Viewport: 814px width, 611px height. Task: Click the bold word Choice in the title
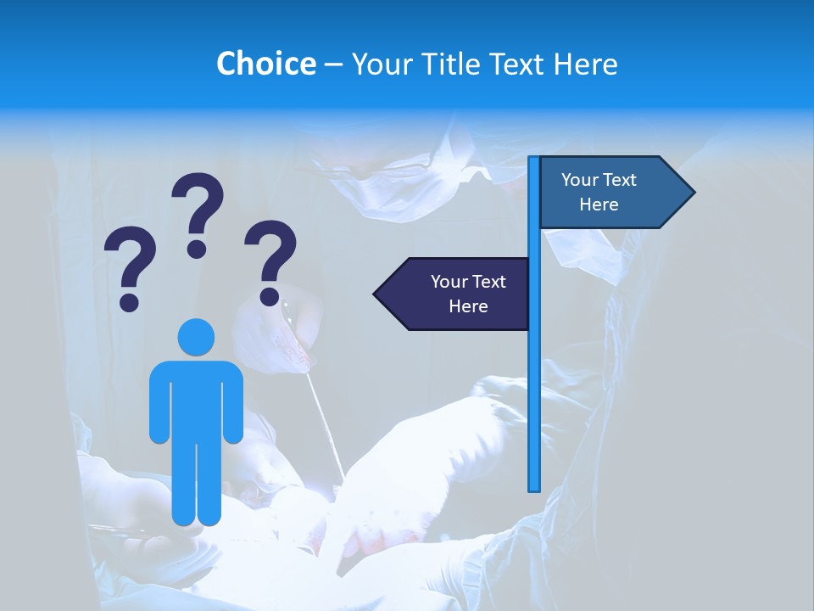click(265, 64)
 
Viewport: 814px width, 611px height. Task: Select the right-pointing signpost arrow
click(615, 193)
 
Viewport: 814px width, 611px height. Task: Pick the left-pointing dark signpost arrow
click(454, 294)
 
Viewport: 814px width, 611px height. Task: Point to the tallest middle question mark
click(198, 212)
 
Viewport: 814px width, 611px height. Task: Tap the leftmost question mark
click(130, 267)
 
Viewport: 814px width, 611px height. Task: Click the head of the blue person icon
click(196, 338)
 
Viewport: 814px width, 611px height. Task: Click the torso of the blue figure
click(196, 399)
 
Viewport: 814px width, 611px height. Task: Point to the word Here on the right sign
click(599, 205)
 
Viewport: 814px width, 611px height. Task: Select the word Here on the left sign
click(468, 306)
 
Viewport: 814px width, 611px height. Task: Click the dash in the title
click(333, 64)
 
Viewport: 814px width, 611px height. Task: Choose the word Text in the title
click(516, 64)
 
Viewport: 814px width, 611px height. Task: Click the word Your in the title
click(379, 64)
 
